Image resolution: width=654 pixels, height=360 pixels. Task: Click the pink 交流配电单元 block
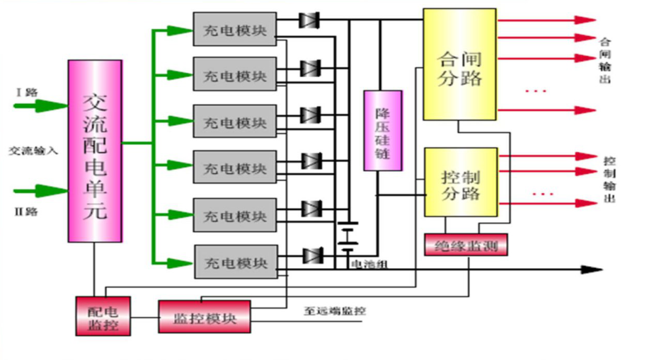(x=95, y=151)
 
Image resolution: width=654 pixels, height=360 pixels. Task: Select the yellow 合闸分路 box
(x=460, y=64)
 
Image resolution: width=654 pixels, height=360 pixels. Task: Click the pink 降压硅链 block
(x=383, y=131)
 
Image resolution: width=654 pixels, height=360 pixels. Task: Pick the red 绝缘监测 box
(x=465, y=245)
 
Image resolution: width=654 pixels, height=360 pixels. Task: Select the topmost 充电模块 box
(x=235, y=29)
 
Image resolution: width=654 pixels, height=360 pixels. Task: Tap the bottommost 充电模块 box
(x=235, y=262)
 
